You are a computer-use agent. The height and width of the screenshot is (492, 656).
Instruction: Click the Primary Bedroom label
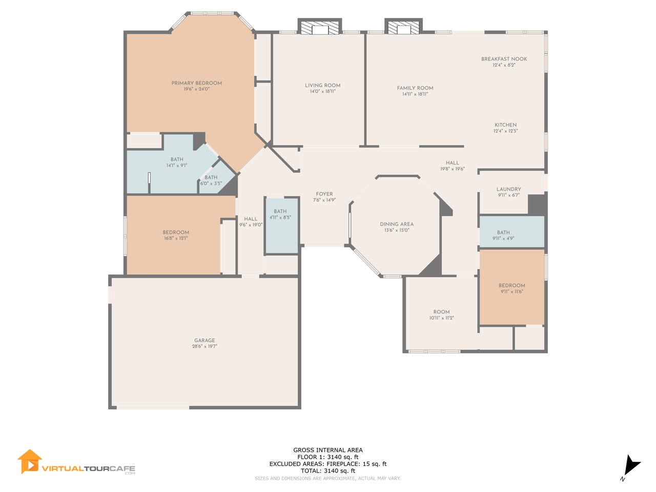[x=196, y=83]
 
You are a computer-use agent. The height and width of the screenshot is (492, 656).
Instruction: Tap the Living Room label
[x=322, y=86]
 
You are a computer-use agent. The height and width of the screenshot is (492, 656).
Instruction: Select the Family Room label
[x=415, y=88]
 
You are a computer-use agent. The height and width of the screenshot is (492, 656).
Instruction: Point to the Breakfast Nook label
[x=504, y=59]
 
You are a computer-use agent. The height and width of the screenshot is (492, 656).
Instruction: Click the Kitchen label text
[x=505, y=125]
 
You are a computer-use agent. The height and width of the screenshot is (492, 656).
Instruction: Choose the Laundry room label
[x=509, y=189]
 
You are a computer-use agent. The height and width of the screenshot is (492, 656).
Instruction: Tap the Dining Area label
[x=397, y=224]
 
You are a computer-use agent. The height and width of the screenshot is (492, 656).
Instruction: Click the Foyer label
[x=324, y=194]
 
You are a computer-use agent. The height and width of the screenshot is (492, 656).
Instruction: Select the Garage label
[x=204, y=340]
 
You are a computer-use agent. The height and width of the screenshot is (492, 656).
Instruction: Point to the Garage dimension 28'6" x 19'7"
[x=204, y=346]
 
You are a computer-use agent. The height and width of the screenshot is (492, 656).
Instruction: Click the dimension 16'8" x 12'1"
[x=176, y=238]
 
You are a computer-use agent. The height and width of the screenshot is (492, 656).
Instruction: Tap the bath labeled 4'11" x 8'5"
[x=280, y=214]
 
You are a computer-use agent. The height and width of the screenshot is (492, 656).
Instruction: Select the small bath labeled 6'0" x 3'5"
[x=211, y=180]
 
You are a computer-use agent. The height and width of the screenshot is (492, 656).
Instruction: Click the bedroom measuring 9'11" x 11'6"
[x=511, y=289]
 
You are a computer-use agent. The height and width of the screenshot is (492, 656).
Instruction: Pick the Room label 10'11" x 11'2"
[x=441, y=315]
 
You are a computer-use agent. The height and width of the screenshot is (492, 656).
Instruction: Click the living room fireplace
[x=320, y=26]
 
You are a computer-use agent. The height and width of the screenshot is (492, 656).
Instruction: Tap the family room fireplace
[x=403, y=26]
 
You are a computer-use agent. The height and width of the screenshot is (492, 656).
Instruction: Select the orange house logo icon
[x=30, y=462]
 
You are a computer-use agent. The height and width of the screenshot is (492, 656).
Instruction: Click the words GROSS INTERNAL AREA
[x=328, y=450]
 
